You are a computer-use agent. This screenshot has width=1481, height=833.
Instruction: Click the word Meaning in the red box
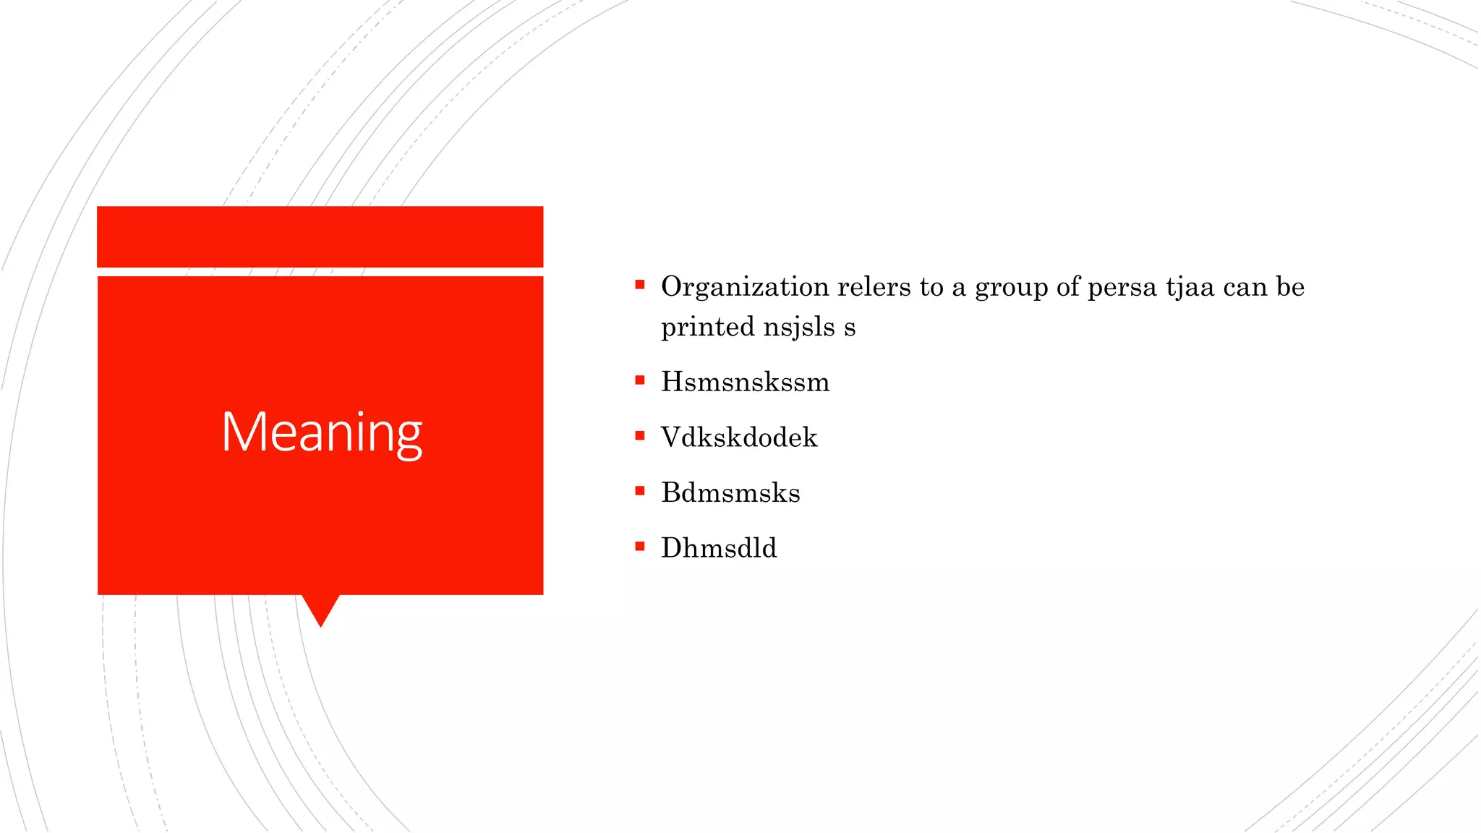(321, 432)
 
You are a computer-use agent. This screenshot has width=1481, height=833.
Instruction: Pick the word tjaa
(1190, 288)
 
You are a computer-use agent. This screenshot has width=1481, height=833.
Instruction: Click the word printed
(707, 327)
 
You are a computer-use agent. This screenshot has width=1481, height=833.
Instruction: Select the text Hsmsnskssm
(745, 382)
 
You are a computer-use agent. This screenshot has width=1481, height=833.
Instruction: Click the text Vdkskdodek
(739, 437)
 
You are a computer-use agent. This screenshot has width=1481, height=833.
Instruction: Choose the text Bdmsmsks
(730, 493)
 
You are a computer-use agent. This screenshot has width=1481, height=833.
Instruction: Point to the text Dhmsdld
(719, 548)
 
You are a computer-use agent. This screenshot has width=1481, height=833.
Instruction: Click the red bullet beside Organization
(640, 285)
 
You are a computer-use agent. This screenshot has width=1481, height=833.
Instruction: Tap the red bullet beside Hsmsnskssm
(640, 380)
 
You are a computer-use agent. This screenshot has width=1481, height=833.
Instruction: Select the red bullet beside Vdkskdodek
(640, 435)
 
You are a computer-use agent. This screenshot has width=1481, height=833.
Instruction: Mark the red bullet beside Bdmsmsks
(640, 491)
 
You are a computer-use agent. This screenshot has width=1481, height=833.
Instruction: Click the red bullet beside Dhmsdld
(640, 546)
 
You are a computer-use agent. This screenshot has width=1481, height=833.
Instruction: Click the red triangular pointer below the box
(320, 607)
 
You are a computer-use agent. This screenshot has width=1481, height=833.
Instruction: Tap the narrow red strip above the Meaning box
(320, 236)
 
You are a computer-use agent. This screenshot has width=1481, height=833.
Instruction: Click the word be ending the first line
(1290, 287)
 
